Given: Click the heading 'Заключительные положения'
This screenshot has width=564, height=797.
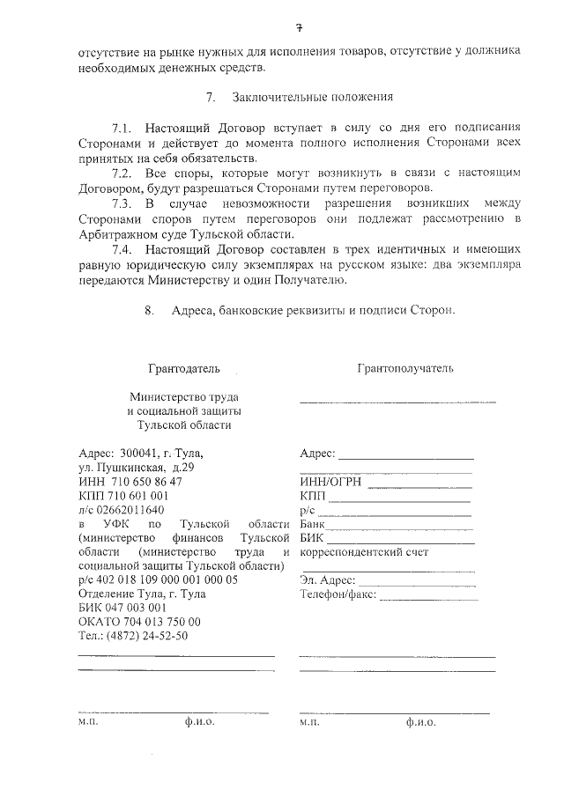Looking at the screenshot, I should [312, 96].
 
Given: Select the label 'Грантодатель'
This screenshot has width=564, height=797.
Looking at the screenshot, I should [184, 367].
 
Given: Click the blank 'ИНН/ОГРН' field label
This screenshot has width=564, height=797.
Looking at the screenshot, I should [330, 482].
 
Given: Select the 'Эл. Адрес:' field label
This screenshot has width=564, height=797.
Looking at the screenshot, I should [327, 580].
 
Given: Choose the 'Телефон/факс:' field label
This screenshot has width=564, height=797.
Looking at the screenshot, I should [338, 594].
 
